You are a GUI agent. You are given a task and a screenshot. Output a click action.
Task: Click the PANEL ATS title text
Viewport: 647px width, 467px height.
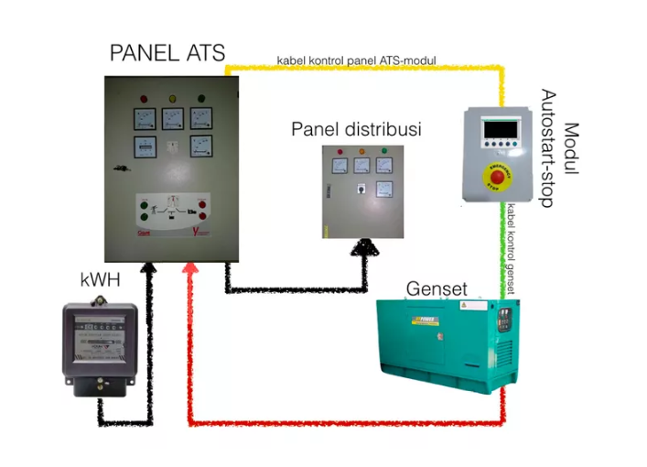point(167,52)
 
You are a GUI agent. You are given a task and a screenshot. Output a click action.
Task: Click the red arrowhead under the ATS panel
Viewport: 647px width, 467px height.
point(190,268)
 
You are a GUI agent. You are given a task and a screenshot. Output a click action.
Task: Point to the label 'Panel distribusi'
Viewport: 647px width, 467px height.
point(356,129)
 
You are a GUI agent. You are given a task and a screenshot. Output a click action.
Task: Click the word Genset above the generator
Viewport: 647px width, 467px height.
point(437,290)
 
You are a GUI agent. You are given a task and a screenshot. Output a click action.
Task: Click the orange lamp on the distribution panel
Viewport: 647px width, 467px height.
point(361,152)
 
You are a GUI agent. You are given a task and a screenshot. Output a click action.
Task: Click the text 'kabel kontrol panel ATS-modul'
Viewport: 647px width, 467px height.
point(356,60)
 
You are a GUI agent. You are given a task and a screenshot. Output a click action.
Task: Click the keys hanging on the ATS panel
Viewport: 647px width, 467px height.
point(119,168)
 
